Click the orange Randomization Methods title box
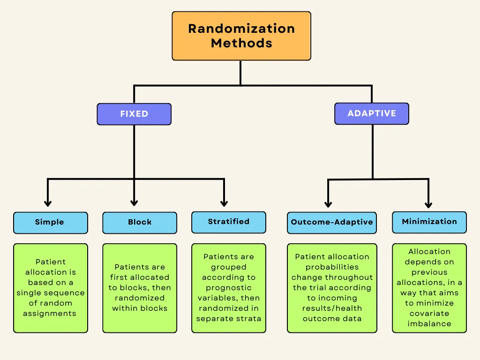coord(241,36)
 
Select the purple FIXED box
coord(134,114)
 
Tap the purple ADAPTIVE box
coord(372,113)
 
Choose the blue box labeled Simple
coord(51,223)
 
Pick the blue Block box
coord(140,223)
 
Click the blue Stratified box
coord(229,222)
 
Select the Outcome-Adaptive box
coord(332,223)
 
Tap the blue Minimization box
coord(429,222)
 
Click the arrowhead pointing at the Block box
coord(134,202)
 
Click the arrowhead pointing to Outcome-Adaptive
coord(328,204)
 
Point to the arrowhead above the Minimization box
coord(428,204)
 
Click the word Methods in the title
coord(241,43)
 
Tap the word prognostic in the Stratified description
coord(229,288)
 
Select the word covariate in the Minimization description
coord(429,314)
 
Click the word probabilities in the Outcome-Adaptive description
coord(332,267)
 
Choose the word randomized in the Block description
coord(140,298)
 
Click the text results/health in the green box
coord(332,308)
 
